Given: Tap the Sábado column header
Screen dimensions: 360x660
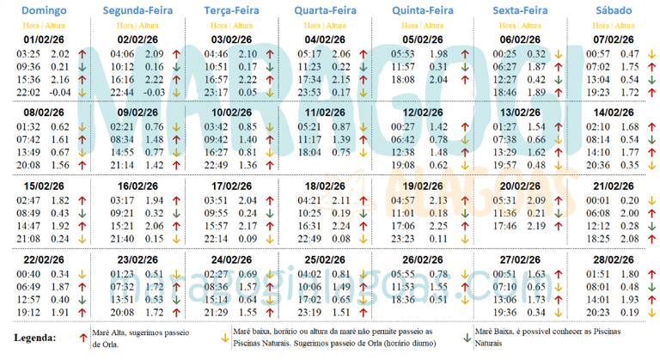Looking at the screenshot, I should (x=614, y=11).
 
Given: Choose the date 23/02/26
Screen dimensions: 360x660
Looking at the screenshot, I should (x=137, y=259).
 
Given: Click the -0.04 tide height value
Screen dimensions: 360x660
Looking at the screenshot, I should (x=60, y=92).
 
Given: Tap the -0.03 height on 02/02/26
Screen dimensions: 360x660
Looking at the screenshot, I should (x=155, y=92).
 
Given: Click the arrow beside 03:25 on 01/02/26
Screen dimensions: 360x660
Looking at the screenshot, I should (x=83, y=54).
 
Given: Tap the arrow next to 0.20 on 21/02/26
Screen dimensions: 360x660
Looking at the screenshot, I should (x=651, y=200).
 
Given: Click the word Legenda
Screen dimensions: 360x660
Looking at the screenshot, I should (x=36, y=338).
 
